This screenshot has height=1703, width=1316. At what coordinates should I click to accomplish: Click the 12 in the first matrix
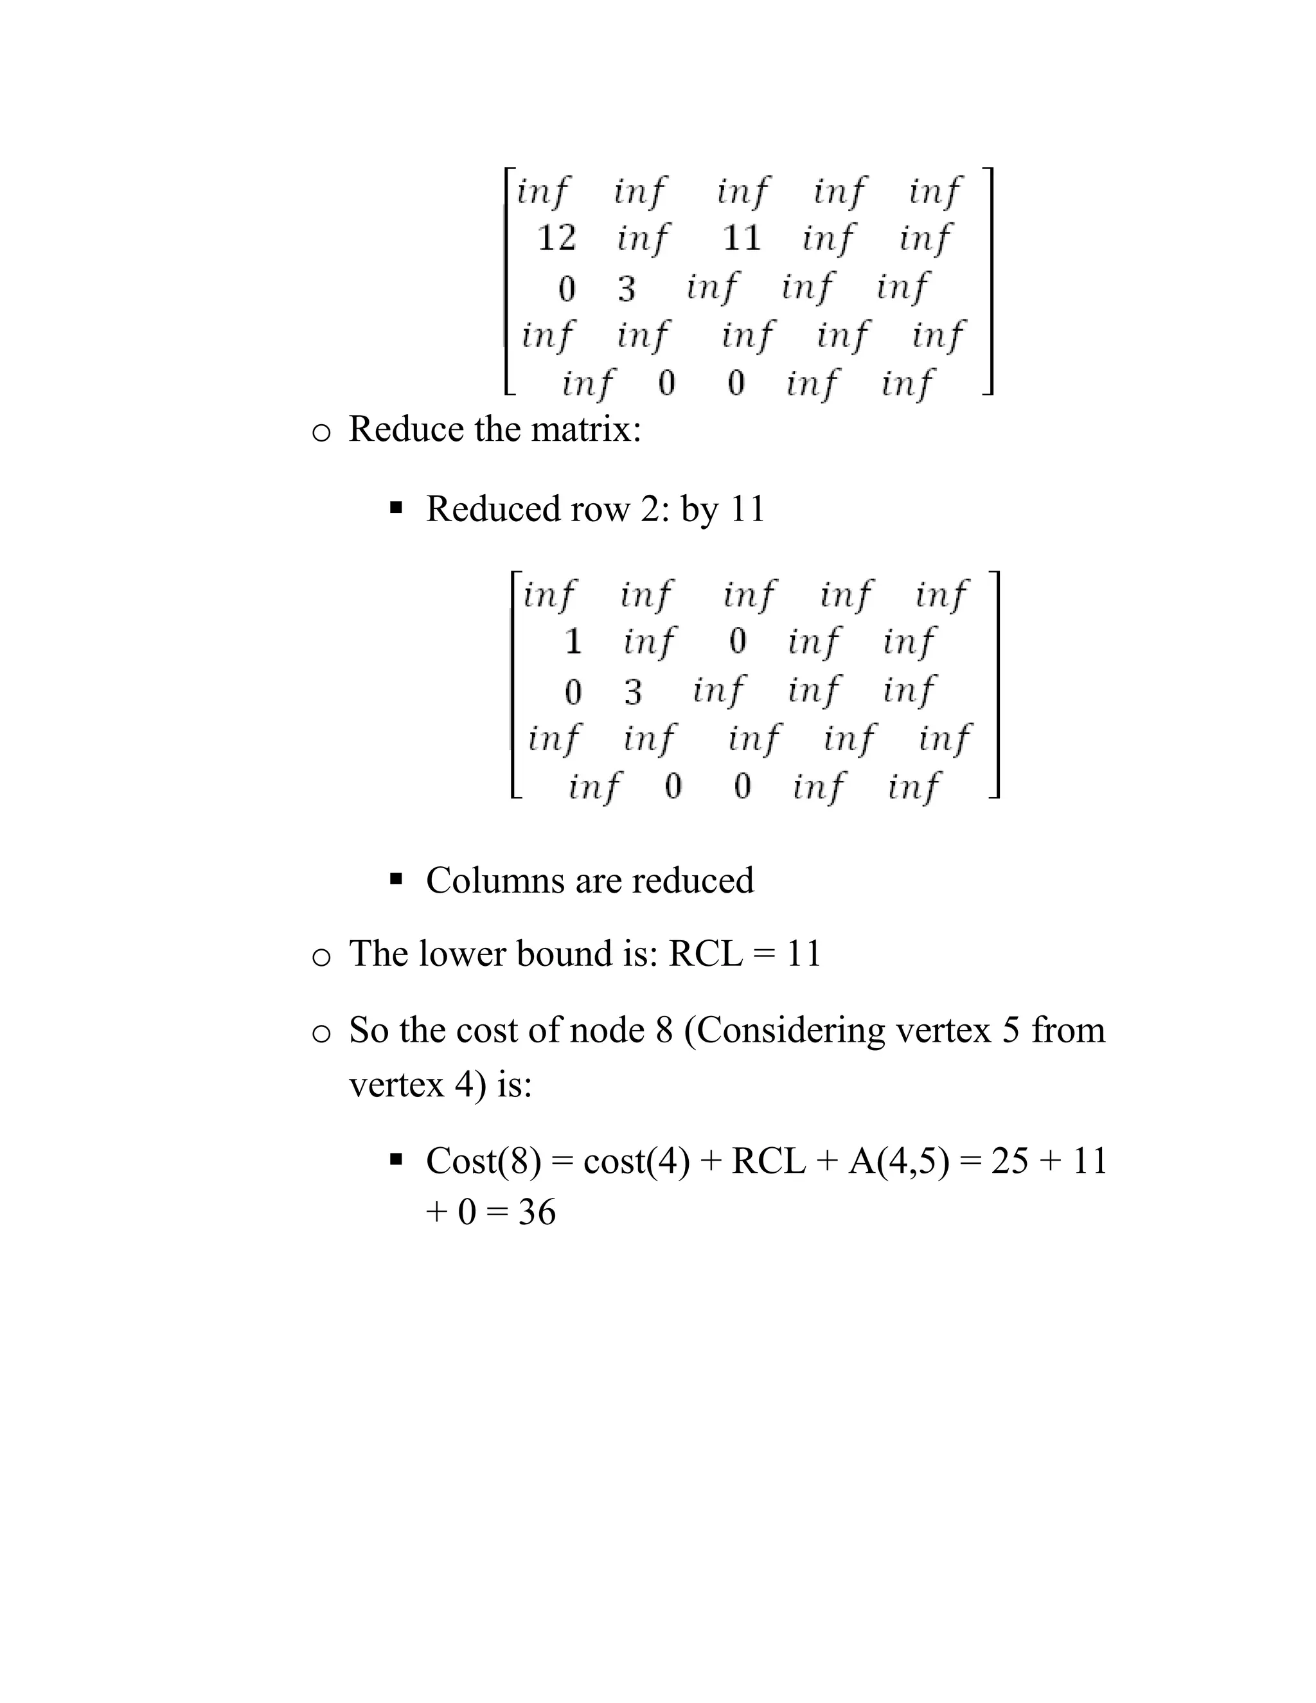click(556, 237)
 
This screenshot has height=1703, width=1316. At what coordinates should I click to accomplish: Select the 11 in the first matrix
click(742, 237)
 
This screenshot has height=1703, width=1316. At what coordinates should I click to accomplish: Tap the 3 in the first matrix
click(627, 289)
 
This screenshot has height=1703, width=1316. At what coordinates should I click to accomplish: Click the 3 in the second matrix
click(632, 691)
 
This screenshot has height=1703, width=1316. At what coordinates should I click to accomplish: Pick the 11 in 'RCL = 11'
click(804, 954)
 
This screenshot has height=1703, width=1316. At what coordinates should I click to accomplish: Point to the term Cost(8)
click(483, 1161)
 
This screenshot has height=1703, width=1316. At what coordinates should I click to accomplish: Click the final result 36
click(537, 1213)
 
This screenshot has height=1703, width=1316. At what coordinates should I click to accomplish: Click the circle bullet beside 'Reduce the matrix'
click(321, 432)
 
